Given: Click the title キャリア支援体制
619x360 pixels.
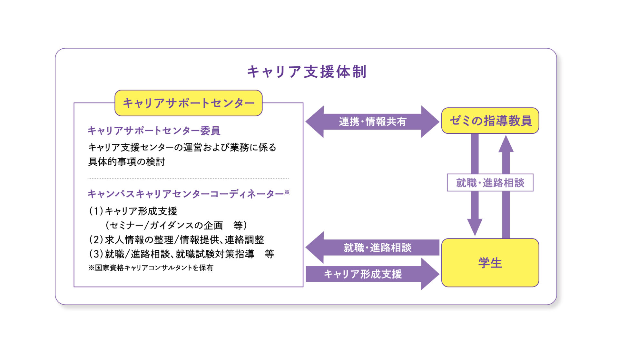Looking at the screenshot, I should [307, 72].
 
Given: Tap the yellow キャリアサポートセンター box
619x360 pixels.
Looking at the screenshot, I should [189, 103].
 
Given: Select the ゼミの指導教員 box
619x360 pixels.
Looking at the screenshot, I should [490, 121].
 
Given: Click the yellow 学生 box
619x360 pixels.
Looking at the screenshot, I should [490, 263].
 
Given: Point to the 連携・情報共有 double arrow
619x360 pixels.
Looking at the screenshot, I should [372, 122].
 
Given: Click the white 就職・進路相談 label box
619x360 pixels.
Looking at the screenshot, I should [490, 183].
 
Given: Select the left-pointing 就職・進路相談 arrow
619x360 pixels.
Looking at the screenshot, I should [372, 248].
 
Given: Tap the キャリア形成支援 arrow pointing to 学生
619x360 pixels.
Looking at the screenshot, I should [372, 274].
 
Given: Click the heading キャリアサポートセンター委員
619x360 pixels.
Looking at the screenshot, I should [154, 131].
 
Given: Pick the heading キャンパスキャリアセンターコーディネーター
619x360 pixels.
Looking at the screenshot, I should [185, 194].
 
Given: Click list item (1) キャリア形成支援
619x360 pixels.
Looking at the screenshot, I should [133, 211].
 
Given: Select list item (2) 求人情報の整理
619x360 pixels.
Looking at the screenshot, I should [176, 239].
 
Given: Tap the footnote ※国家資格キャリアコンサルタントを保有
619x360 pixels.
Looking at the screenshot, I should [151, 268].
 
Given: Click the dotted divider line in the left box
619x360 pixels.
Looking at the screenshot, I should [188, 179].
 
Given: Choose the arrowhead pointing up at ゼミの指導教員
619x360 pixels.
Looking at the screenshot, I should [506, 144].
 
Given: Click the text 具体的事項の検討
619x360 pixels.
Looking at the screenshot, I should [127, 161].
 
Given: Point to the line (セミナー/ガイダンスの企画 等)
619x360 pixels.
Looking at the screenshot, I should [176, 225].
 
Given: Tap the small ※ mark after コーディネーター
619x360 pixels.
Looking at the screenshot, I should [287, 192].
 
